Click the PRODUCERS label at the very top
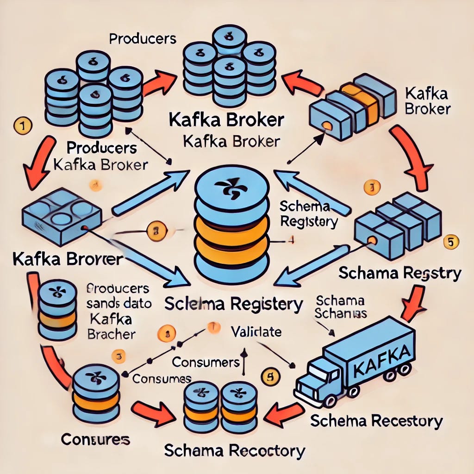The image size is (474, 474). point(143,39)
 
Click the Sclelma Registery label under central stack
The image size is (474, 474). point(234,305)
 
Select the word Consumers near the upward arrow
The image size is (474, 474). point(206,361)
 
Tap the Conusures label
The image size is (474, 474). point(95,438)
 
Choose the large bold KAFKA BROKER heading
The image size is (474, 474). point(226,120)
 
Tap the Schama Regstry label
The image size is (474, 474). point(399,273)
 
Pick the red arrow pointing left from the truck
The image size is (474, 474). point(286,410)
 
